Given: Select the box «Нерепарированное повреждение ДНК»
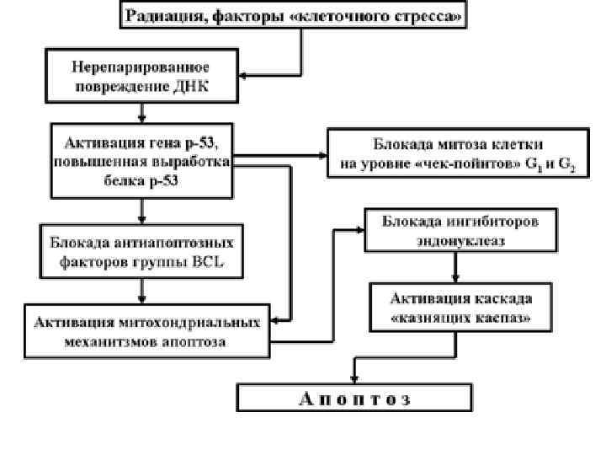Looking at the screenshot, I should (142, 76).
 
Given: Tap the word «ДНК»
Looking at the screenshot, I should (199, 86).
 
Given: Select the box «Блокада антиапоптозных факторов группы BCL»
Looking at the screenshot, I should (141, 250).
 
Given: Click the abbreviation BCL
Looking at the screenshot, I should (221, 261).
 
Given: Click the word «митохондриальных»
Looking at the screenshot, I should (197, 321).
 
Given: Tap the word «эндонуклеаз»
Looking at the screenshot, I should (460, 239).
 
